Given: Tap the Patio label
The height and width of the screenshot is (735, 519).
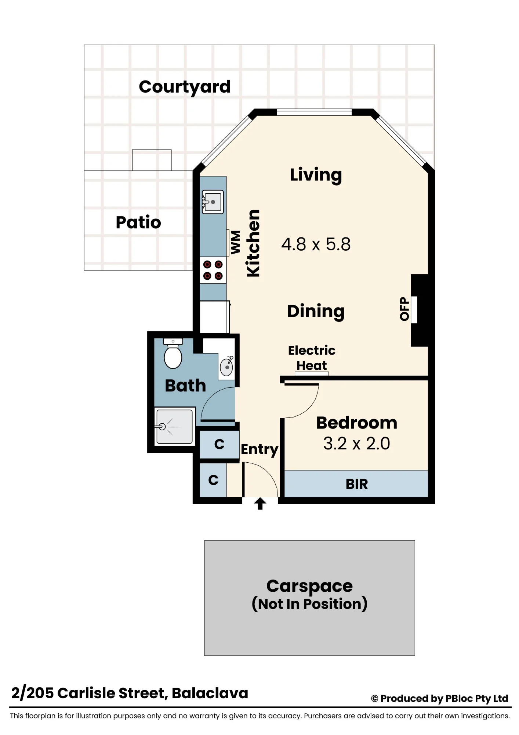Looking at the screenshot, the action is pyautogui.click(x=138, y=222).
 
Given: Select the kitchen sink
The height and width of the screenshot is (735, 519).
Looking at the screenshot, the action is pyautogui.click(x=213, y=202).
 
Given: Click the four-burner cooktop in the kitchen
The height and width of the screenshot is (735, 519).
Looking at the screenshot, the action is pyautogui.click(x=213, y=270).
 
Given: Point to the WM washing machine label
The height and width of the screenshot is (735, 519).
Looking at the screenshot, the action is pyautogui.click(x=236, y=242).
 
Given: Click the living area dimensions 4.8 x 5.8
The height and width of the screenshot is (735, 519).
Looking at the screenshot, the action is pyautogui.click(x=316, y=244).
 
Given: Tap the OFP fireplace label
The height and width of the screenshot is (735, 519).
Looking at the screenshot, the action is pyautogui.click(x=404, y=309).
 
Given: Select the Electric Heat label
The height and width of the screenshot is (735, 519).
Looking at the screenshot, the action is pyautogui.click(x=312, y=358).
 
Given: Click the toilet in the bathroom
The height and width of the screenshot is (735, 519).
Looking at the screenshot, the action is pyautogui.click(x=173, y=354).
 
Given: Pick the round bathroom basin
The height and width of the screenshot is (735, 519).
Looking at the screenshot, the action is pyautogui.click(x=226, y=367).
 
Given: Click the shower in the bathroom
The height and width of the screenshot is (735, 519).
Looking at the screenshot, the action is pyautogui.click(x=174, y=427).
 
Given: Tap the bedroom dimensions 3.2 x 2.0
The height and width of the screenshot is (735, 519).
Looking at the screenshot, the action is pyautogui.click(x=356, y=444).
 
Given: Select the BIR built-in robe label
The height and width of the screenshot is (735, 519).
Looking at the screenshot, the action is pyautogui.click(x=356, y=484).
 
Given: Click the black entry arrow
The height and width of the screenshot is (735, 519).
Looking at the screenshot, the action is pyautogui.click(x=260, y=503).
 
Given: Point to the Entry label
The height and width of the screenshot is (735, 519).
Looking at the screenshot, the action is pyautogui.click(x=259, y=450).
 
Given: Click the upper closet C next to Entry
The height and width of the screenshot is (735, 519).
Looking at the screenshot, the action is pyautogui.click(x=219, y=444).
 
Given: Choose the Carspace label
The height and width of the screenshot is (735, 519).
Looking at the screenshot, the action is pyautogui.click(x=309, y=586).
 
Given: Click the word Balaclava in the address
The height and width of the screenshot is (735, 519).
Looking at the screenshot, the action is pyautogui.click(x=210, y=693).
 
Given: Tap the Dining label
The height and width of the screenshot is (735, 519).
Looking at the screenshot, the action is pyautogui.click(x=316, y=311).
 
